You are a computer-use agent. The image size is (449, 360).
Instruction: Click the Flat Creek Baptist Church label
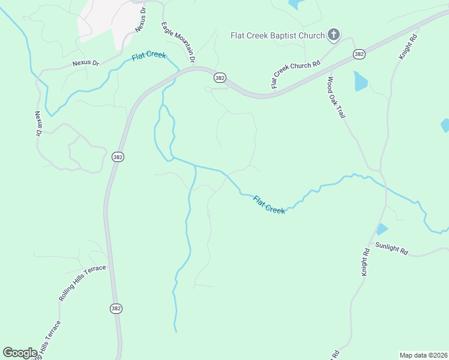pyautogui.click(x=277, y=35)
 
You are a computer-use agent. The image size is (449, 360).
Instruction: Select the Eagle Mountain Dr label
pyautogui.click(x=178, y=43)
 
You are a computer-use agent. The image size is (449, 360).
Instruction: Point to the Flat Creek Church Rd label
pyautogui.click(x=295, y=74)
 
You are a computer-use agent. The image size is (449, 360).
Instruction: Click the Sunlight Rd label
pyautogui.click(x=391, y=248)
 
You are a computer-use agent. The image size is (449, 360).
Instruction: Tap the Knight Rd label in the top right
pyautogui.click(x=408, y=46)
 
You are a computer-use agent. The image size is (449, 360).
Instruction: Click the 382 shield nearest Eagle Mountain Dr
pyautogui.click(x=220, y=78)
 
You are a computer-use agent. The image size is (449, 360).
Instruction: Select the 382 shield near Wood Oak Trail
pyautogui.click(x=359, y=54)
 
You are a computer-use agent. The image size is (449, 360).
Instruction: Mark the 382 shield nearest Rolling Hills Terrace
pyautogui.click(x=116, y=308)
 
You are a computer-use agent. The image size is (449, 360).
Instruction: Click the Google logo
pyautogui.click(x=20, y=353)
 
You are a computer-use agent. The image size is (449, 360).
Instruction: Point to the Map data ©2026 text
pyautogui.click(x=423, y=355)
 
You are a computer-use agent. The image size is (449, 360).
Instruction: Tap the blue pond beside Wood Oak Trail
pyautogui.click(x=360, y=81)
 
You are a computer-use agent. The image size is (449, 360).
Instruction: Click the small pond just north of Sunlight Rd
pyautogui.click(x=381, y=229)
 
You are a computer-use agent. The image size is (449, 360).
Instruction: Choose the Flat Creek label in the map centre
pyautogui.click(x=268, y=205)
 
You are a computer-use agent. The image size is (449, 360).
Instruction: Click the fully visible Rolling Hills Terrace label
pyautogui.click(x=82, y=283)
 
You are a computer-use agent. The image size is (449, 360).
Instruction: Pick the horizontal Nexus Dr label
pyautogui.click(x=85, y=62)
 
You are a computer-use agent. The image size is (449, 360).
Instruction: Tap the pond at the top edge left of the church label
pyautogui.click(x=295, y=4)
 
